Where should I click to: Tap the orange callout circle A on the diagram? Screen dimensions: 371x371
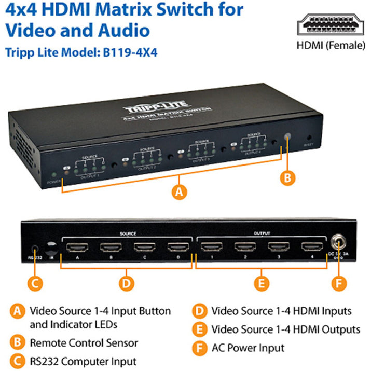[179, 192]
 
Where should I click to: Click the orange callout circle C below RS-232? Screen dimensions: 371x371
[35, 283]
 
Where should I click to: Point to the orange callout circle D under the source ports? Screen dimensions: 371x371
[126, 283]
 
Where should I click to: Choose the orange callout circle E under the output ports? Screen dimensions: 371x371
[262, 283]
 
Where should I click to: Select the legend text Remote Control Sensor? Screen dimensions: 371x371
[84, 343]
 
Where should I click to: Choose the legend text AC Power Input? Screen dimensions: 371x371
[248, 348]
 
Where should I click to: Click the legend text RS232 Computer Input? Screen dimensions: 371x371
[83, 361]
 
